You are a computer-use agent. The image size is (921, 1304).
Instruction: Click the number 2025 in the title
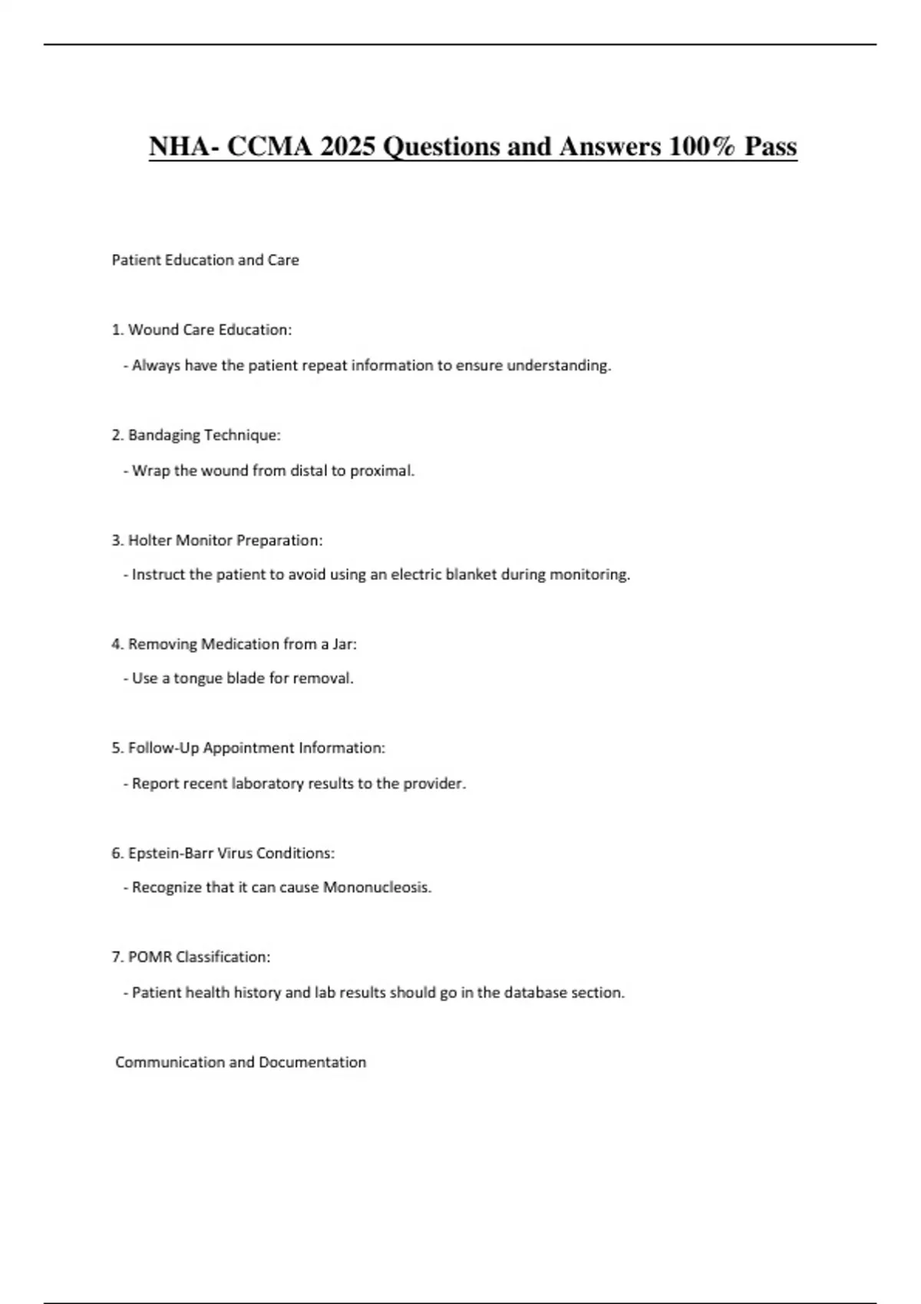tap(348, 146)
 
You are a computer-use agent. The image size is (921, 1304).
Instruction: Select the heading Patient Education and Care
tap(205, 260)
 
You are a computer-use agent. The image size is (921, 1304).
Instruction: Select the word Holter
tap(150, 540)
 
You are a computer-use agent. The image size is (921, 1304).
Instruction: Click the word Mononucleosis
tap(376, 887)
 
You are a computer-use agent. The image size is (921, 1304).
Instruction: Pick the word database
tap(536, 993)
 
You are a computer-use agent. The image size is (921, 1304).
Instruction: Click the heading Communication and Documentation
tap(240, 1062)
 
